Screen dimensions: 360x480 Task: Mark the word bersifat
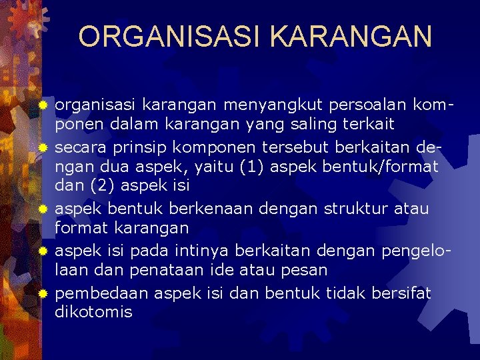(x=401, y=293)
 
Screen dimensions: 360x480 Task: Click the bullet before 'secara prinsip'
(x=43, y=146)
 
